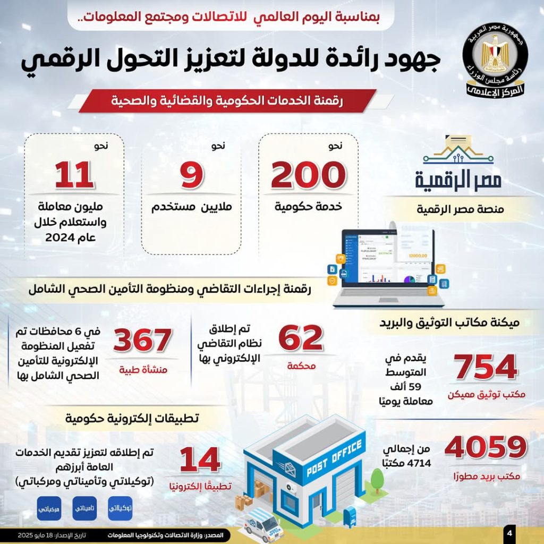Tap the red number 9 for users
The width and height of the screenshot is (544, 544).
coord(191,176)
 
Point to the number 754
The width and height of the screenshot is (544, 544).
coord(486,366)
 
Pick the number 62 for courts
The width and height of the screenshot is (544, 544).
coord(301,339)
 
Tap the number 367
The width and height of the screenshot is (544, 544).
coord(142,340)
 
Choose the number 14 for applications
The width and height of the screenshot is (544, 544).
coord(200,460)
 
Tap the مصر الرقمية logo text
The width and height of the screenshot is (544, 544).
coord(458,180)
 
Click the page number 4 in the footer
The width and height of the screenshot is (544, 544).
coord(509,533)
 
